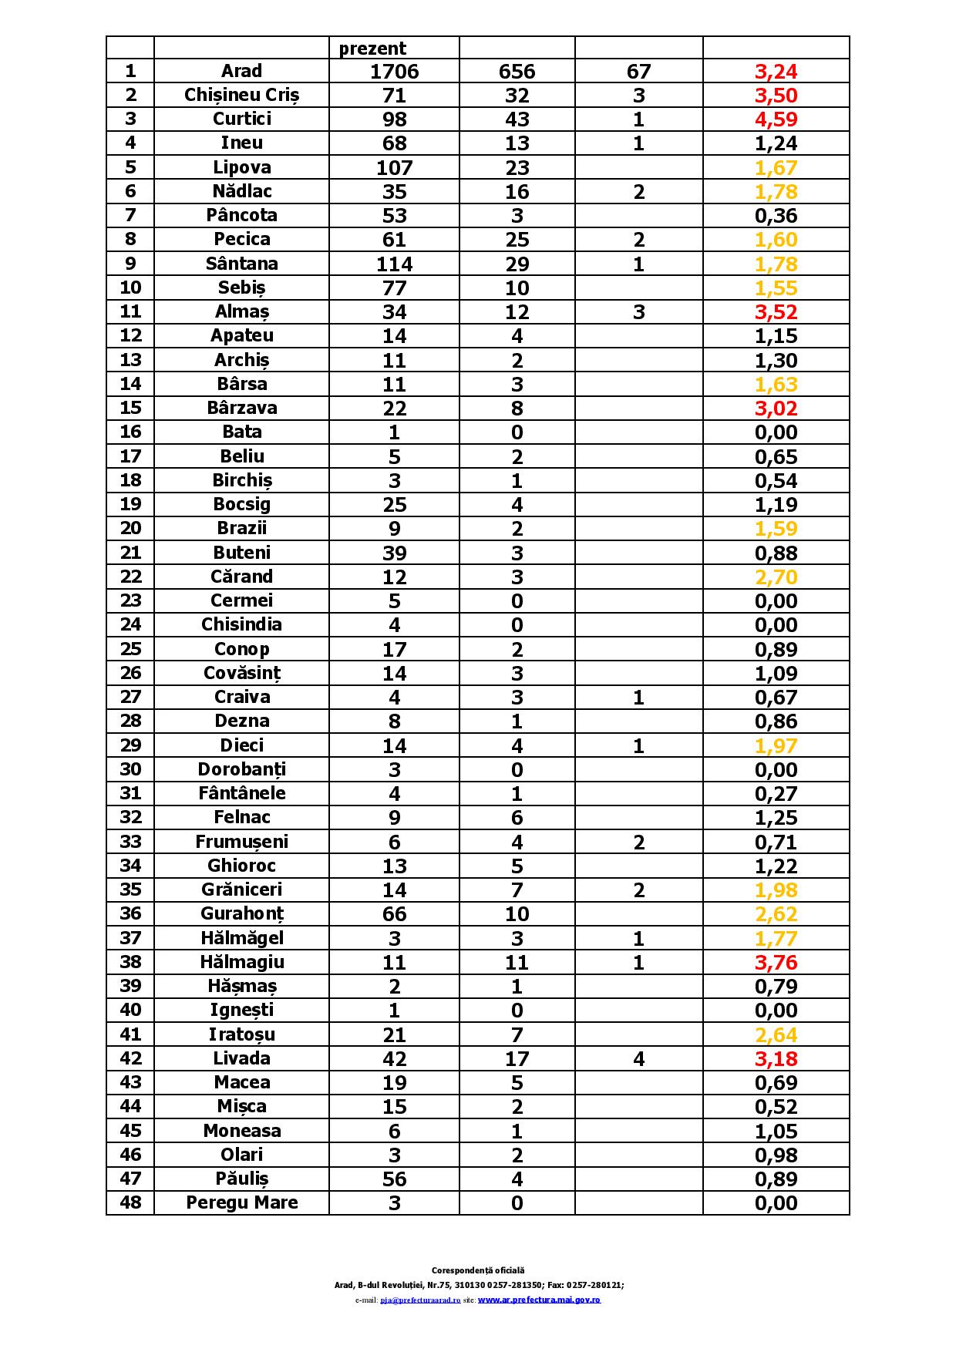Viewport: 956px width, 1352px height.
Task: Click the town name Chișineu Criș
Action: [x=241, y=95]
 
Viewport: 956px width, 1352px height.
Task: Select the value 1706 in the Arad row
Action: [x=394, y=72]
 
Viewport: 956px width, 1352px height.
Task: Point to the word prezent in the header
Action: [x=372, y=49]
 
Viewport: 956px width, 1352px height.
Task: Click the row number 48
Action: [x=130, y=1202]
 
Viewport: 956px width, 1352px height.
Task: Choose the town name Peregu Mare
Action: [x=241, y=1202]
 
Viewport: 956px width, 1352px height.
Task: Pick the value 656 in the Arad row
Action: [x=517, y=72]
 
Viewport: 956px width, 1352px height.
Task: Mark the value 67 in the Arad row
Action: [x=638, y=72]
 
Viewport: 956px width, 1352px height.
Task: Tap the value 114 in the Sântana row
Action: [x=394, y=264]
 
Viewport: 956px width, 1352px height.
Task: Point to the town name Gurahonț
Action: [x=241, y=914]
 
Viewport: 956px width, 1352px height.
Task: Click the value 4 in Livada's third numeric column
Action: [x=638, y=1058]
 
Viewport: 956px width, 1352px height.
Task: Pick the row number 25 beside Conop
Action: [x=130, y=649]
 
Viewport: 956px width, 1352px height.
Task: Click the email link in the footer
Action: [x=420, y=1300]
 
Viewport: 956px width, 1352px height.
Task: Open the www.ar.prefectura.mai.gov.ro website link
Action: [x=539, y=1300]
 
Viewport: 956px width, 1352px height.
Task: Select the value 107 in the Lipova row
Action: [x=394, y=168]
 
